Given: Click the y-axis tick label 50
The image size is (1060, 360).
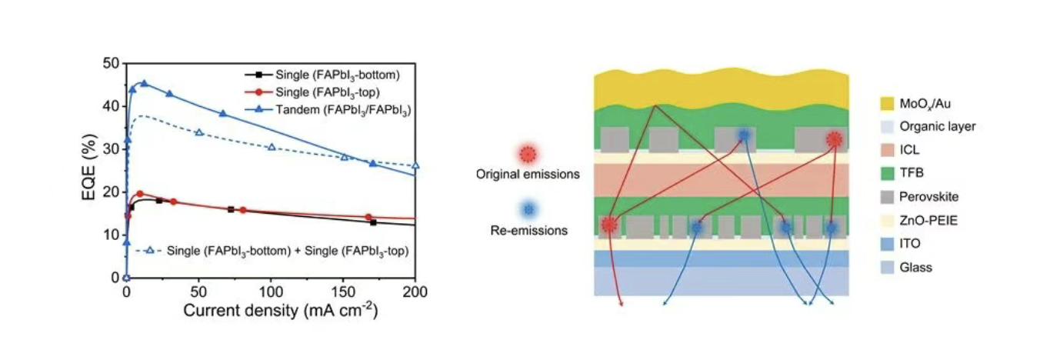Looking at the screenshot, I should (112, 64).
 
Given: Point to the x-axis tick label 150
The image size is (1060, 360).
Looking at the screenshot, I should (343, 292).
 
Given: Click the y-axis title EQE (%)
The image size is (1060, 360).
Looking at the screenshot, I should (90, 168).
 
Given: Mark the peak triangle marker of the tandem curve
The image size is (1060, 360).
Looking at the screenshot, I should (143, 83).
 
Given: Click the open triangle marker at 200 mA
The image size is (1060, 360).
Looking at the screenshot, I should (415, 165).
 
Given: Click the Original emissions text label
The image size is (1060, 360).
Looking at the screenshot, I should (527, 175).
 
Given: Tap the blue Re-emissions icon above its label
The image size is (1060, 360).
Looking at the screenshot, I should (527, 209).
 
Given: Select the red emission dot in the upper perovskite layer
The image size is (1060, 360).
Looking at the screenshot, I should (834, 140).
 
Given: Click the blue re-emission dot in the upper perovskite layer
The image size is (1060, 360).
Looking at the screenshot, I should (744, 136).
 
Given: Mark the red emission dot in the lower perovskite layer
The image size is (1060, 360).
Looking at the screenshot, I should (609, 225).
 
